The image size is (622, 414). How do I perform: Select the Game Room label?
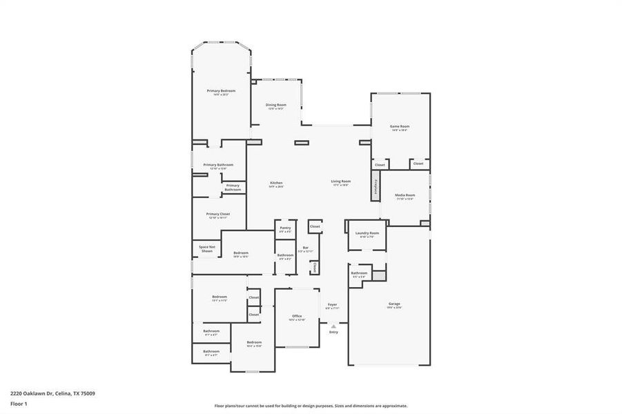coord(400,128)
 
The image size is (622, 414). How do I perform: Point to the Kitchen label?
coord(276,184)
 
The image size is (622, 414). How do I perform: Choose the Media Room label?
coord(405,196)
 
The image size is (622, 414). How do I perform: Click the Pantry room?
coord(285,228)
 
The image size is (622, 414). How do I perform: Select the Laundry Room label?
coord(367,234)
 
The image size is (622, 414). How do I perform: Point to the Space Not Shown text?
coord(207,249)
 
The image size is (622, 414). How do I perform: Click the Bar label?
coord(305,248)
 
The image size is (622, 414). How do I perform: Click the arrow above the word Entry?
coord(333,326)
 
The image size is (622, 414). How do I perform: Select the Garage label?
coord(394,304)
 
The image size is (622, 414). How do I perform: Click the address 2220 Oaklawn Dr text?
coord(52,393)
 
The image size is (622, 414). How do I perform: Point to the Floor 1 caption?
coord(18,403)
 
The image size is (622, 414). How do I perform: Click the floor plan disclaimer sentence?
coord(311,406)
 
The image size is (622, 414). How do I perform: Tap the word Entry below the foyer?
coord(333,333)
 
